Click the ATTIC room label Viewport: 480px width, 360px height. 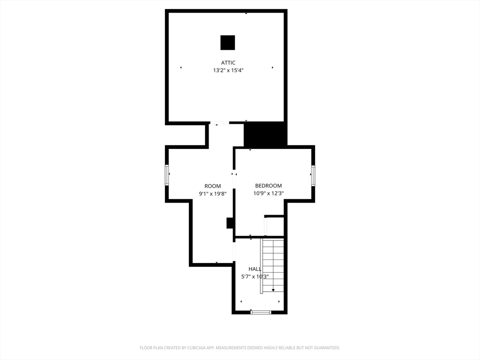[228, 63]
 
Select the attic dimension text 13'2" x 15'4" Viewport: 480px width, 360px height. [228, 70]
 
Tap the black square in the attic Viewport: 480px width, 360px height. [228, 43]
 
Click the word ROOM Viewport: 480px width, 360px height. [212, 186]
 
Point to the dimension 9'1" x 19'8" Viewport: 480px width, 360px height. [212, 194]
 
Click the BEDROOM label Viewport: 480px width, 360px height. [268, 186]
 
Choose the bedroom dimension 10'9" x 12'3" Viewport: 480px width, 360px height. [268, 193]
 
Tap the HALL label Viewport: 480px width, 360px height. [255, 269]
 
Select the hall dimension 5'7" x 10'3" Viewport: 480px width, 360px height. [255, 277]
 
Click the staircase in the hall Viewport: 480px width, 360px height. [273, 265]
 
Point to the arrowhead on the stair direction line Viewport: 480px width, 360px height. [273, 291]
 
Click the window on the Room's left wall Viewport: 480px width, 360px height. [167, 175]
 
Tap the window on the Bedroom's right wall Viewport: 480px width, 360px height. [313, 175]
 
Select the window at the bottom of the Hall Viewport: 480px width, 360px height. [261, 312]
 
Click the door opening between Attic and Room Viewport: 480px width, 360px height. [219, 123]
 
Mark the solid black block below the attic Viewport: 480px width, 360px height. [265, 135]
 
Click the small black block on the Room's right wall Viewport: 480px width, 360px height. [230, 223]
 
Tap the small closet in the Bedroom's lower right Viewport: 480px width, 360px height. [275, 226]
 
